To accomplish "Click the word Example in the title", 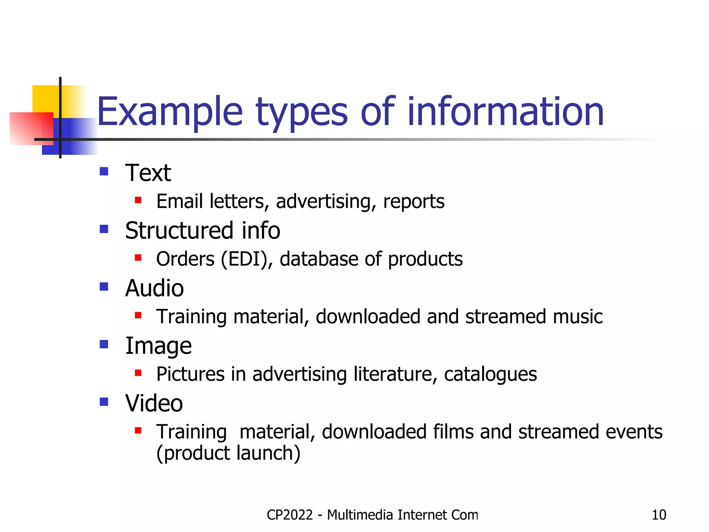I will click(x=170, y=112).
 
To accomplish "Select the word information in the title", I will click(x=505, y=112).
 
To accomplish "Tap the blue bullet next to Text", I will click(x=104, y=171).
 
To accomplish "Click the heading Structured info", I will click(x=203, y=231).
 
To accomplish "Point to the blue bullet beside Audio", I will click(x=104, y=287).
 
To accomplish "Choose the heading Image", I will click(x=158, y=346).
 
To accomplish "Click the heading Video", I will click(x=154, y=404).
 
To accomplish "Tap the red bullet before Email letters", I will click(x=138, y=200).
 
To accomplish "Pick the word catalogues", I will click(x=490, y=374).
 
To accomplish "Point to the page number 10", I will click(x=659, y=515).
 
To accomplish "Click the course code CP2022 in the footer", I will click(x=290, y=515).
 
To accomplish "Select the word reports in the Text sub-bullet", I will click(x=414, y=202).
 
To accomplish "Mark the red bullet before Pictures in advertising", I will click(x=138, y=373).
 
